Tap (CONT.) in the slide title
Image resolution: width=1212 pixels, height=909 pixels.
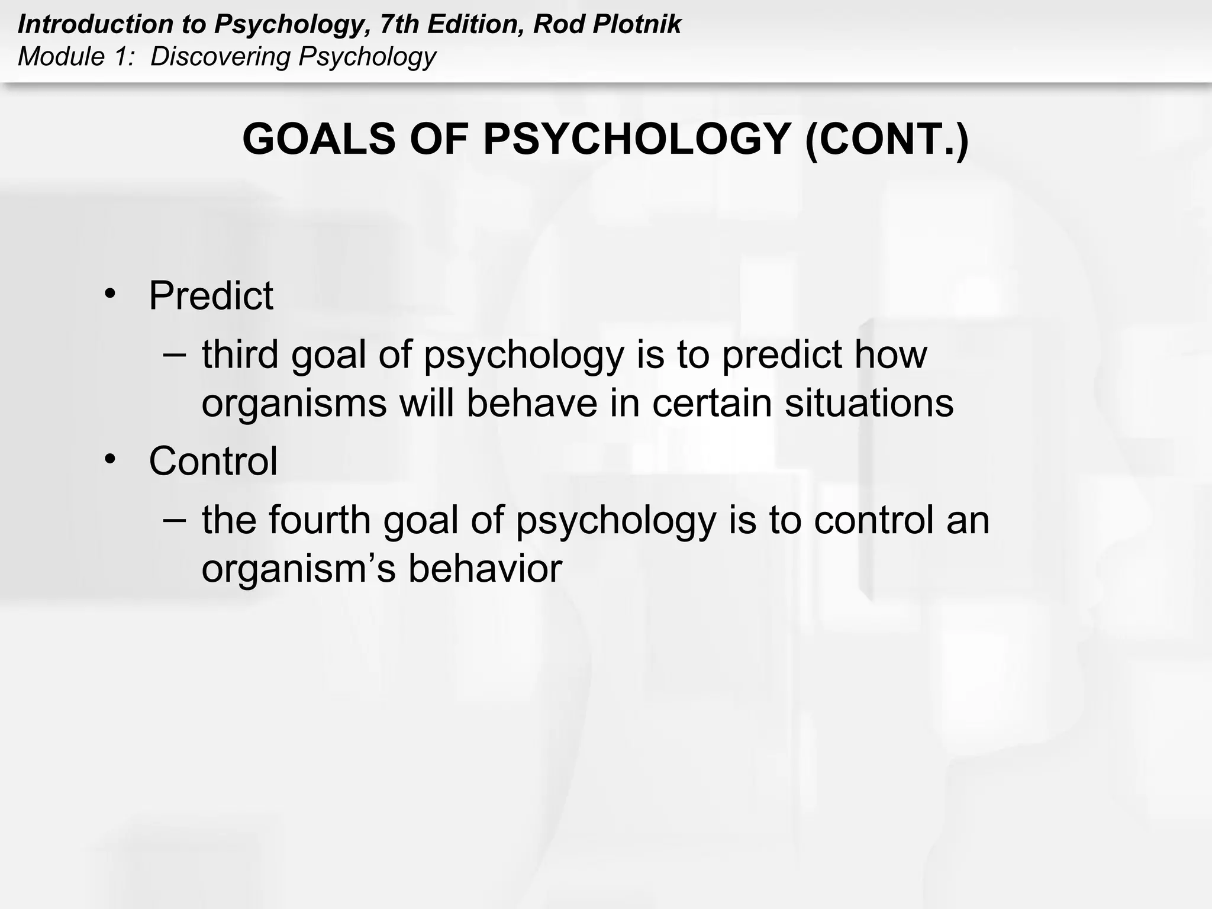[x=887, y=140]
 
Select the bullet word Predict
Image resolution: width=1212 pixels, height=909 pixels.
[x=211, y=295]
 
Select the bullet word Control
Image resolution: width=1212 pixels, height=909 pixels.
[x=213, y=461]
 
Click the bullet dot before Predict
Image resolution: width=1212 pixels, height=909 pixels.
[x=110, y=294]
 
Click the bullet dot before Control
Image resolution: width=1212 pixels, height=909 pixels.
[x=110, y=459]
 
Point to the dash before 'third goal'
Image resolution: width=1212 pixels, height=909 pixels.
[x=174, y=354]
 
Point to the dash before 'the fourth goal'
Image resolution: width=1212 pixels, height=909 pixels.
[x=174, y=520]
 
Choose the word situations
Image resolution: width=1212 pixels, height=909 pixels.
[x=869, y=404]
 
